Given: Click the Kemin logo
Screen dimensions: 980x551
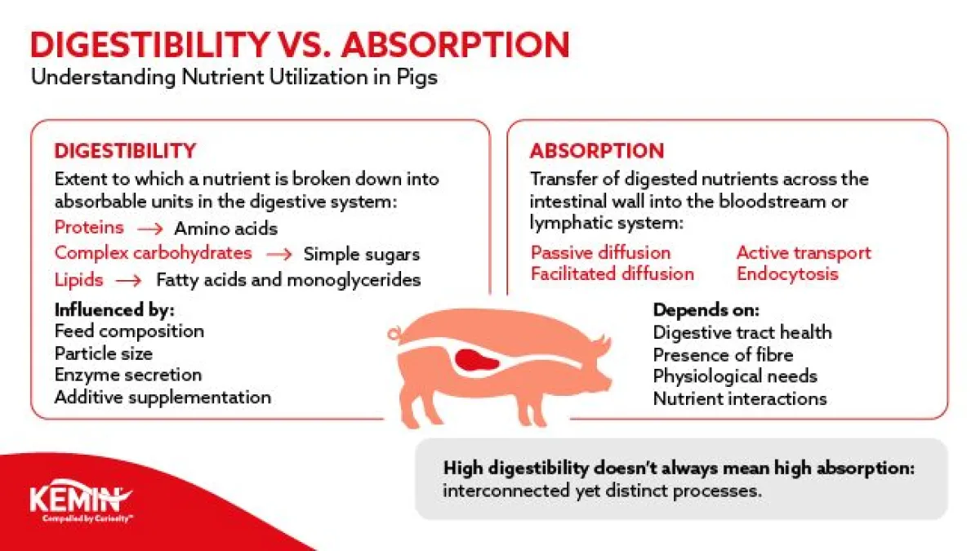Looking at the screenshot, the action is pos(81,500).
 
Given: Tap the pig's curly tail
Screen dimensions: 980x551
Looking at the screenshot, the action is pos(394,334).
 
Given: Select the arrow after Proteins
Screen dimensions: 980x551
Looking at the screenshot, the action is pos(149,229).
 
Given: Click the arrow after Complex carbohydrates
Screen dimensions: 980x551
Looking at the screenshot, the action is pos(278,254).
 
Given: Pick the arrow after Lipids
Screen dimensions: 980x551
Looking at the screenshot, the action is pos(129,280).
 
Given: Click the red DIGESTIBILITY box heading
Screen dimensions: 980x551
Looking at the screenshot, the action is pos(125,151).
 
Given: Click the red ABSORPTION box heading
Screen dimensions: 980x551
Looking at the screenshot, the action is pos(597,151).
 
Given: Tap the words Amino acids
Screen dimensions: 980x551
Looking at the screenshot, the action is pos(225,229).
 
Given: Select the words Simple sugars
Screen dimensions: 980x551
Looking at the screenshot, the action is pos(362,255).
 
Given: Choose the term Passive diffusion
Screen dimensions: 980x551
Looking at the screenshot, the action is pos(600,253).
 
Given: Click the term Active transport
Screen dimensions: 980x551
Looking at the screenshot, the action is pos(804,253).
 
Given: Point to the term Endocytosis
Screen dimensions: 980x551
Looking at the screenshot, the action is pos(787,274).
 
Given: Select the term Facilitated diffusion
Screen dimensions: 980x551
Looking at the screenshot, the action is pos(612,274).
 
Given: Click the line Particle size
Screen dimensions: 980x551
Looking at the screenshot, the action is pos(104,353).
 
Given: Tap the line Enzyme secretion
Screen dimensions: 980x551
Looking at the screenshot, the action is pos(128,375).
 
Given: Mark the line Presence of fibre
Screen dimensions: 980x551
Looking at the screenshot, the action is pos(723,354).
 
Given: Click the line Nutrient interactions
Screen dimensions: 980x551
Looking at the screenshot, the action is pos(740,399).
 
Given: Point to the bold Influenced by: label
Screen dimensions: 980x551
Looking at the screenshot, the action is pos(114,310).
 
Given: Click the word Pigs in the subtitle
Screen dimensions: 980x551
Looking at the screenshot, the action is pos(417,78).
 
